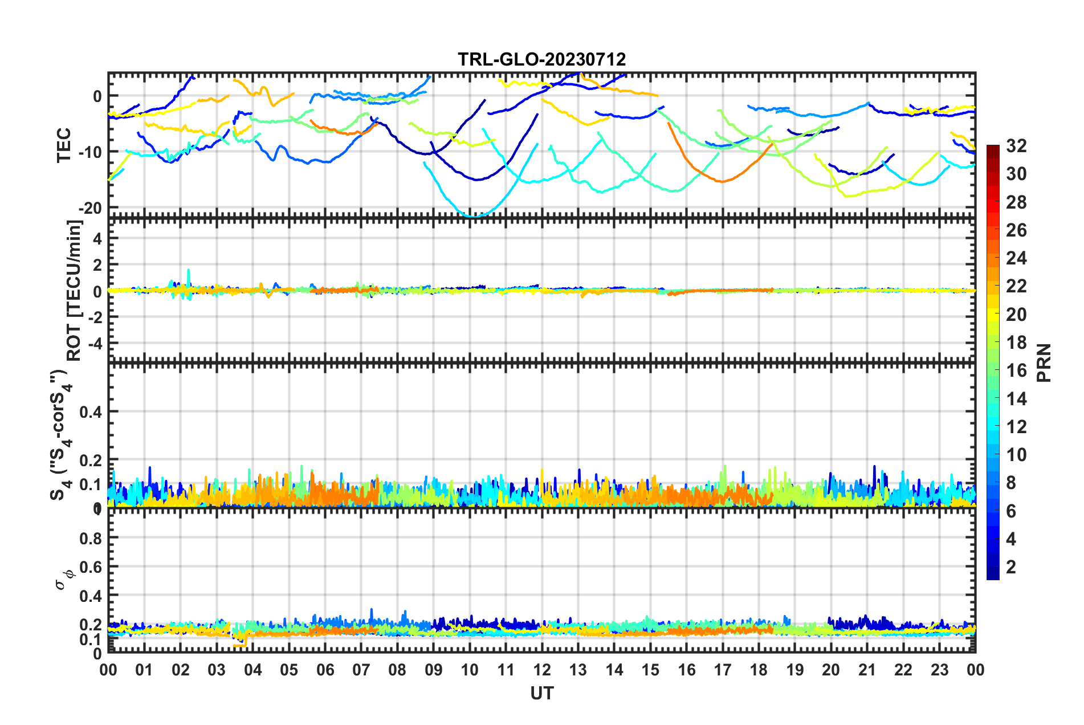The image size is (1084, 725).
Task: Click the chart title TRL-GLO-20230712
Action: tap(541, 59)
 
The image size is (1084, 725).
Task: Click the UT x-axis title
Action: tap(541, 693)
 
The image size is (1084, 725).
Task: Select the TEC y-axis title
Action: tap(64, 145)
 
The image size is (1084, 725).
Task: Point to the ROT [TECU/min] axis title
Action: tap(74, 291)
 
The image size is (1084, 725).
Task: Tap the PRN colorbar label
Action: tap(1044, 362)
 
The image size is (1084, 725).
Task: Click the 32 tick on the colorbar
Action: tap(1016, 146)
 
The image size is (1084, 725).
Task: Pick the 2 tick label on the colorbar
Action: tap(1011, 567)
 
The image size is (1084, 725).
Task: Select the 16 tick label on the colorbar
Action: tap(1016, 370)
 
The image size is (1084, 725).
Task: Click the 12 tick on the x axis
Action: tap(542, 670)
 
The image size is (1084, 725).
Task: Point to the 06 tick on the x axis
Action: tap(325, 670)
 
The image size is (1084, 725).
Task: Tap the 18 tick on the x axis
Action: tap(759, 670)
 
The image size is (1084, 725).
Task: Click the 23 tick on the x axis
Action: tap(939, 670)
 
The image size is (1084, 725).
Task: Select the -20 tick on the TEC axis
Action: tap(90, 209)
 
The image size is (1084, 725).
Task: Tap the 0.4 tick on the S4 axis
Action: tap(91, 412)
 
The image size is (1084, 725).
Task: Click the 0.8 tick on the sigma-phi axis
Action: tap(91, 538)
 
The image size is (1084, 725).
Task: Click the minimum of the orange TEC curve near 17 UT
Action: tap(723, 181)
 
